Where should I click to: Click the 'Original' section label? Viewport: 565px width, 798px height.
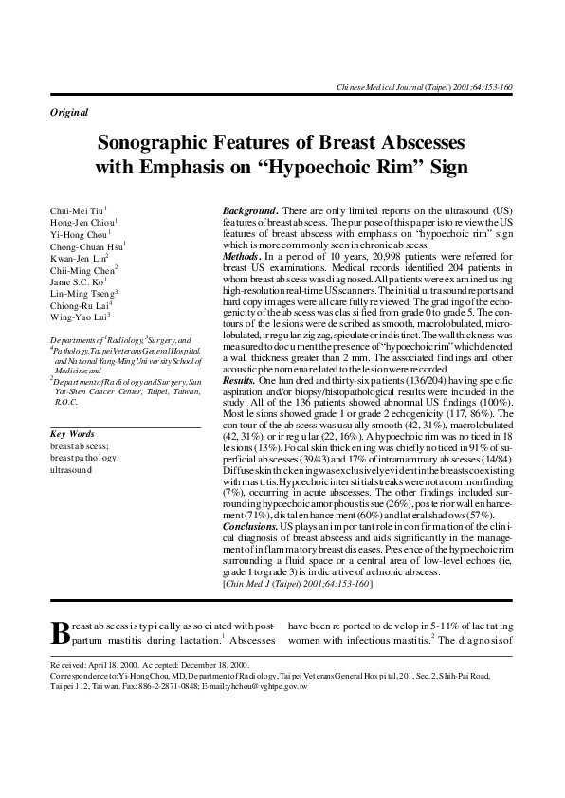pyautogui.click(x=68, y=112)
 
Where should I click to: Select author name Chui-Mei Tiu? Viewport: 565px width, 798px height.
pyautogui.click(x=78, y=209)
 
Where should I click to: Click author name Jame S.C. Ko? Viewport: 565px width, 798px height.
pyautogui.click(x=78, y=282)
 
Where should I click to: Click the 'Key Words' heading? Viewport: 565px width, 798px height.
pyautogui.click(x=72, y=433)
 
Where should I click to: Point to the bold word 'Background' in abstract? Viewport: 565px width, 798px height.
pyautogui.click(x=248, y=208)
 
